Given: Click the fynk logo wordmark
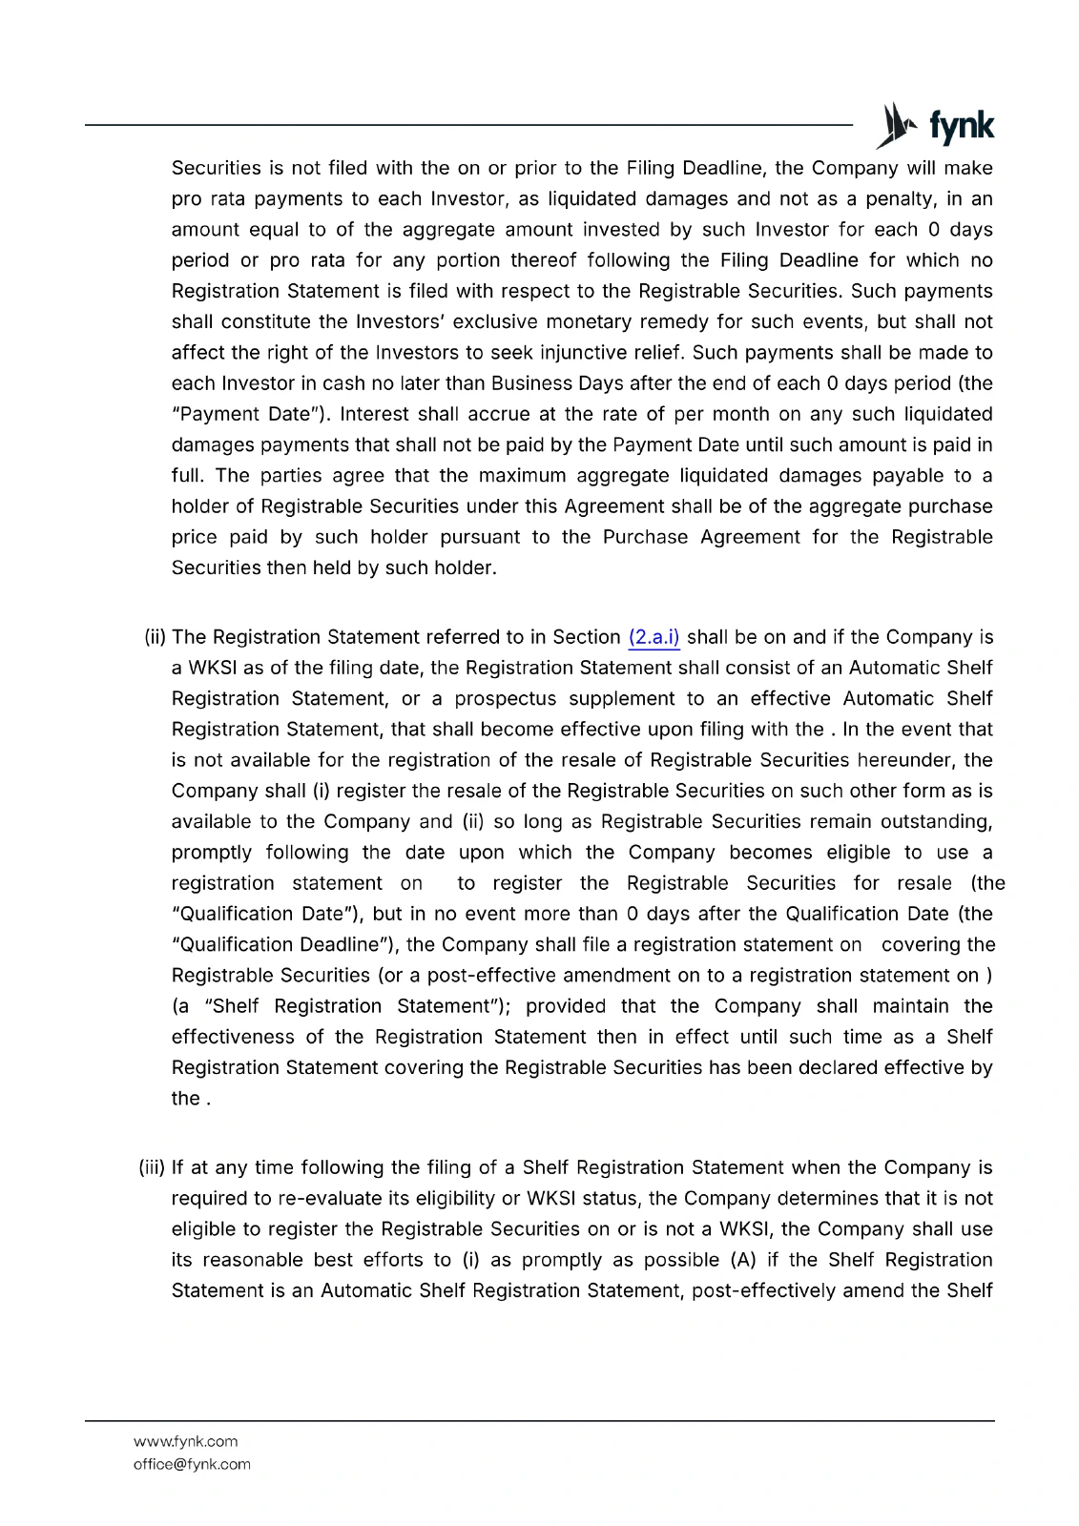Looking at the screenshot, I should click(961, 127).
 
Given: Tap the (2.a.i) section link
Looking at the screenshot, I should click(654, 637).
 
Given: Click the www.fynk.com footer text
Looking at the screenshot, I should click(186, 1441).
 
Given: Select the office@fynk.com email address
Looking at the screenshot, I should click(192, 1464).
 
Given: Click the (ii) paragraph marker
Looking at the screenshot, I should click(155, 637).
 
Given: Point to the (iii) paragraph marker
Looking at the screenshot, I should click(153, 1167).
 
